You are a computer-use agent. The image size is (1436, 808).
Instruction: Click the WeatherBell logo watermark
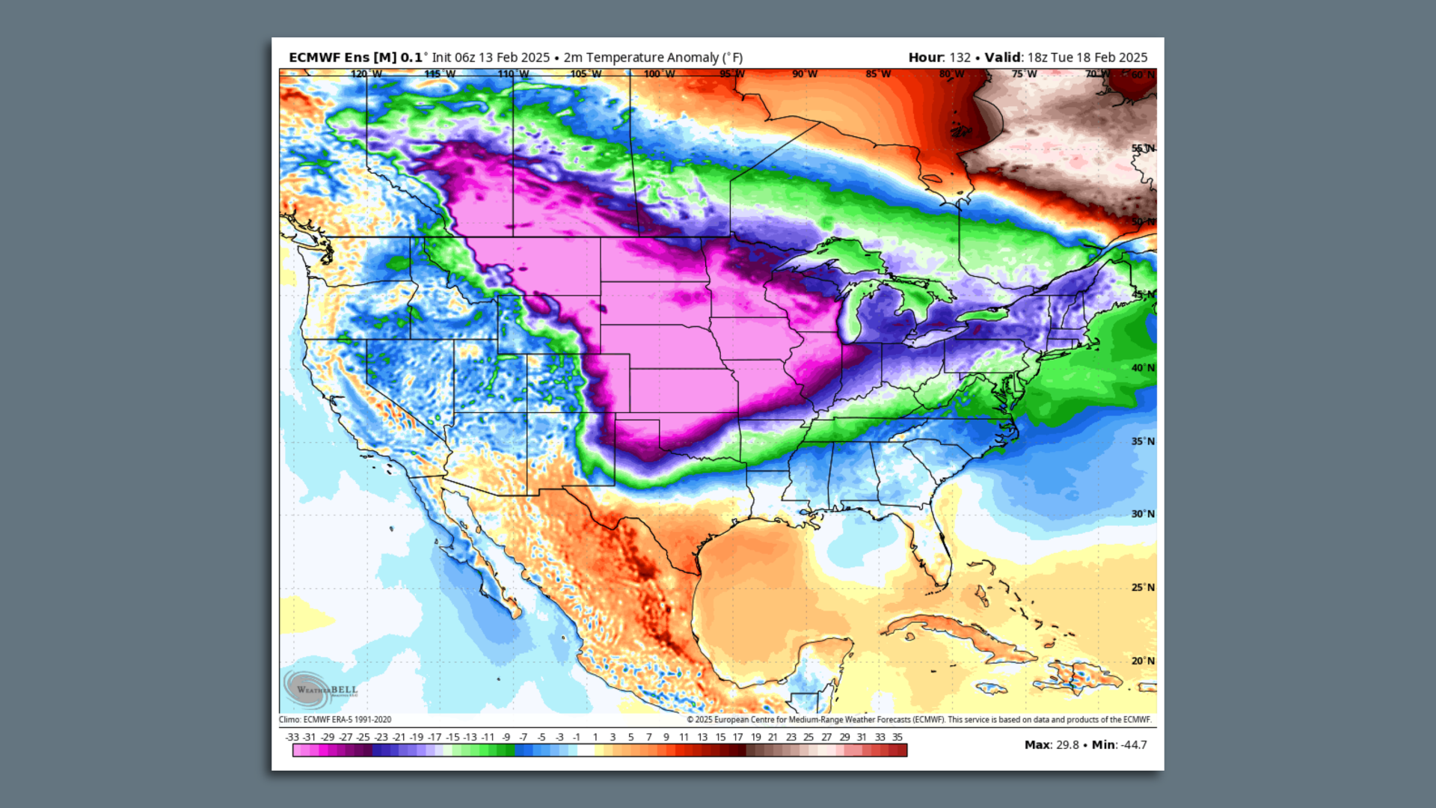tap(320, 689)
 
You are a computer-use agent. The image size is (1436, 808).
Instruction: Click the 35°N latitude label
tap(1142, 441)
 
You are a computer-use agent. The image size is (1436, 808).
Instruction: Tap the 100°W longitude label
tap(659, 74)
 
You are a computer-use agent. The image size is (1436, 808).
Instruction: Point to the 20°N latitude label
tap(1142, 661)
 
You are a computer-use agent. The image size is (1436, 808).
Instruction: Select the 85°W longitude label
tap(878, 74)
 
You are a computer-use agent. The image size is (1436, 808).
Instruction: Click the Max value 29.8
tap(1067, 745)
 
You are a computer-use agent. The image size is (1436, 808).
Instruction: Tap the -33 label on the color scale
tap(292, 737)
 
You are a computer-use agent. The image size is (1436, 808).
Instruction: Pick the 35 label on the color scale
tap(897, 737)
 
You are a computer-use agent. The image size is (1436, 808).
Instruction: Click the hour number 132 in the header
tap(960, 58)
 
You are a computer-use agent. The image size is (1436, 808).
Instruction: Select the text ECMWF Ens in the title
tap(329, 58)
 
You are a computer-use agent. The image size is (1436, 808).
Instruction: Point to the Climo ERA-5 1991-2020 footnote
tap(335, 720)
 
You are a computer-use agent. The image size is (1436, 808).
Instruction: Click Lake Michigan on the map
tap(851, 314)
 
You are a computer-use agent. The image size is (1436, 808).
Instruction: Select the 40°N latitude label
tap(1142, 368)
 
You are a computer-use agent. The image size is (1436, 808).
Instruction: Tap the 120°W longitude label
tap(366, 74)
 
